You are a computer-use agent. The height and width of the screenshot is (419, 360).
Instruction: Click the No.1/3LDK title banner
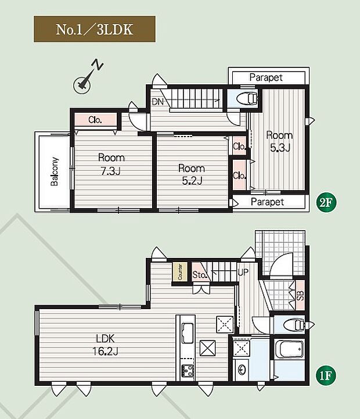click(95, 29)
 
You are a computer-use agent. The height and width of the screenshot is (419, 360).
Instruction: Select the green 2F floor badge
click(326, 203)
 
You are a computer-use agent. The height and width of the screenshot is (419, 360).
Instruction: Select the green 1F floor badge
click(326, 376)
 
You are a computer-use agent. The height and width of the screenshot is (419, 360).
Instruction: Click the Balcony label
click(55, 171)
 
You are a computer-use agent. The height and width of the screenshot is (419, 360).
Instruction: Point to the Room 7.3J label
click(111, 164)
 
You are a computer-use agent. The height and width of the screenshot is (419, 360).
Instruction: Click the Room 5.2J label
click(192, 174)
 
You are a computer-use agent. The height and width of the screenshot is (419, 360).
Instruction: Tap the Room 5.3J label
click(280, 141)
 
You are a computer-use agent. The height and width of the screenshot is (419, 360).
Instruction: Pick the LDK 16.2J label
click(105, 345)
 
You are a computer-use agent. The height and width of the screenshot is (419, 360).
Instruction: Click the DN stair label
click(157, 102)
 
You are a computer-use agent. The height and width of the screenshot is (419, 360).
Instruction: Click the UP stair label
click(243, 273)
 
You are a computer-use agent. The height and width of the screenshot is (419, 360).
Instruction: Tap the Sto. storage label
click(200, 274)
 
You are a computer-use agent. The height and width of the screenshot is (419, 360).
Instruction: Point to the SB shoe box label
click(300, 295)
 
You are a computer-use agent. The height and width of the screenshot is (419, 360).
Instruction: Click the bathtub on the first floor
click(290, 349)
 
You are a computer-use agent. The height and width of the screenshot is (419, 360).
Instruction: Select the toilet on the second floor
click(247, 98)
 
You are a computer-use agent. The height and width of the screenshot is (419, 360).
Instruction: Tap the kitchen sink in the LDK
click(188, 333)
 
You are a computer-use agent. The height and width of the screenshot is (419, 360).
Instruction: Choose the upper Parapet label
click(266, 77)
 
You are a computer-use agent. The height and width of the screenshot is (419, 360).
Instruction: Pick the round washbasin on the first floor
click(242, 370)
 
